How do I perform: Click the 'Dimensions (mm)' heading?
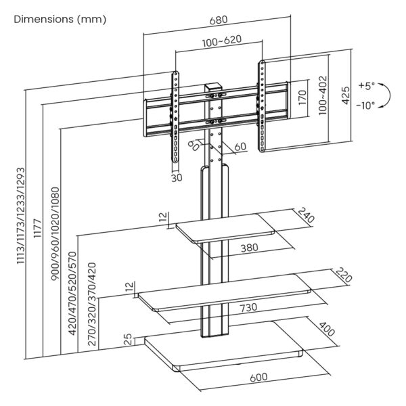pos(60,20)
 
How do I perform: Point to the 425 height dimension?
pos(346,96)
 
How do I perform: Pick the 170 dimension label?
pos(302,96)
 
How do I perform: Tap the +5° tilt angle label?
pos(365,87)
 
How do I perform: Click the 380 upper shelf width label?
pos(250,248)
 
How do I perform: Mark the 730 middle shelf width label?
pos(248,308)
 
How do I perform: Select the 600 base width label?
pos(257,376)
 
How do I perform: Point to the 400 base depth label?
pos(327,331)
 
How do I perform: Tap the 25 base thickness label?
pos(129,340)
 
